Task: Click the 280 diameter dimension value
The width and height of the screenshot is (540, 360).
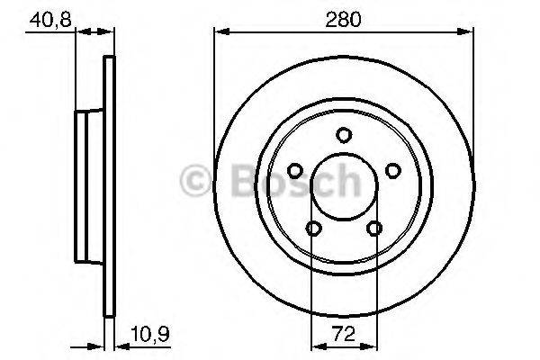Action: [x=342, y=17]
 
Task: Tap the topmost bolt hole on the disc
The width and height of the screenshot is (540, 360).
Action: [x=343, y=136]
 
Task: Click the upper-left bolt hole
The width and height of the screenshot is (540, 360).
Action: [x=294, y=171]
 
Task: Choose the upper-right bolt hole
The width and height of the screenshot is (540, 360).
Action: [x=391, y=171]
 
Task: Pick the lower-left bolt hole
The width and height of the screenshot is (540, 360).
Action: [x=312, y=229]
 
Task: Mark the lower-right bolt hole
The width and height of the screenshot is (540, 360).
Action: [x=373, y=229]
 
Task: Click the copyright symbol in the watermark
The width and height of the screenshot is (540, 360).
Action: [x=195, y=181]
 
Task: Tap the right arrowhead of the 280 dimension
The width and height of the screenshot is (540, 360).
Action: [x=469, y=33]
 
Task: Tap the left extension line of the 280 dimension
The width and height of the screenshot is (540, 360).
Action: [x=213, y=90]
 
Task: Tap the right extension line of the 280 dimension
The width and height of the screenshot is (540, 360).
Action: [x=473, y=90]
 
